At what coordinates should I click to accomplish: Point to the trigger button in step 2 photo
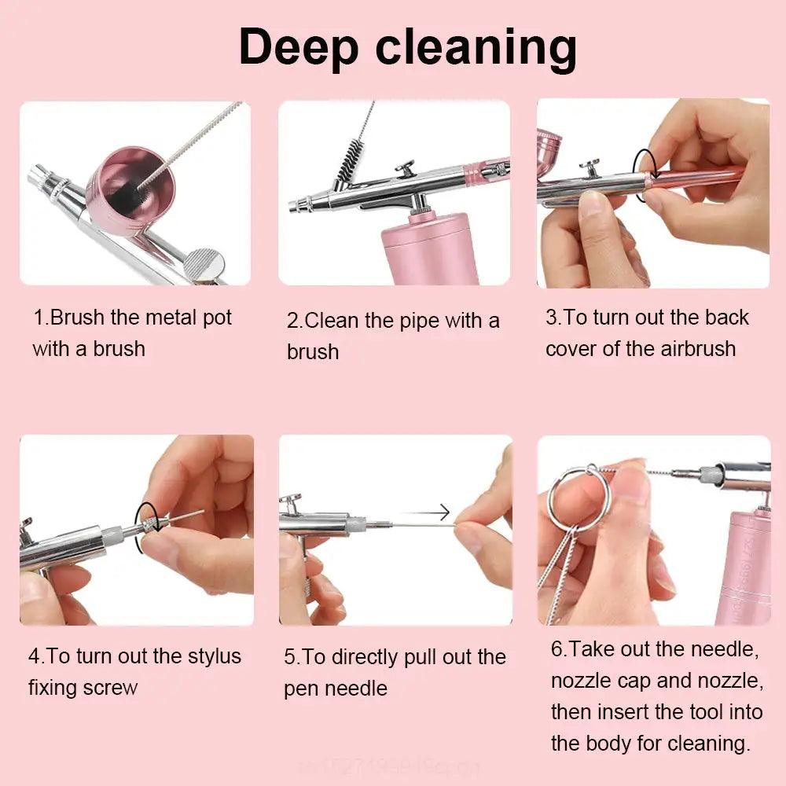pos(406,167)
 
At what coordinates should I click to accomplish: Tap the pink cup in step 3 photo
pos(548,149)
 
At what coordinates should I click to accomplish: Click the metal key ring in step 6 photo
pos(578,498)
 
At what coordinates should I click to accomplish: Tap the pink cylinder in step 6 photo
pos(743,566)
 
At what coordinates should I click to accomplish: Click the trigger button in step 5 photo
pos(291,500)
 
